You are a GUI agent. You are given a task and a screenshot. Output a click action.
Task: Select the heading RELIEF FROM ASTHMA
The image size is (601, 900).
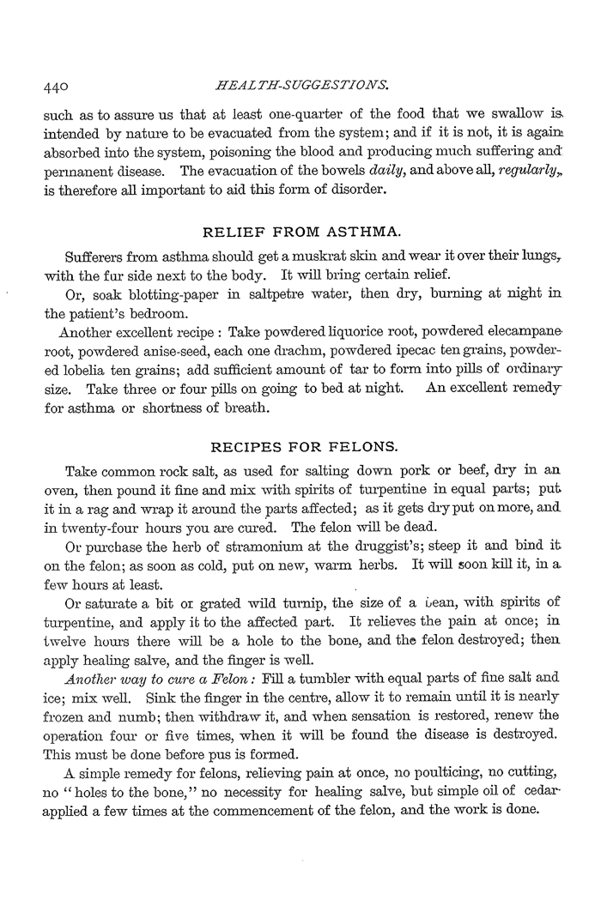pos(301,232)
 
